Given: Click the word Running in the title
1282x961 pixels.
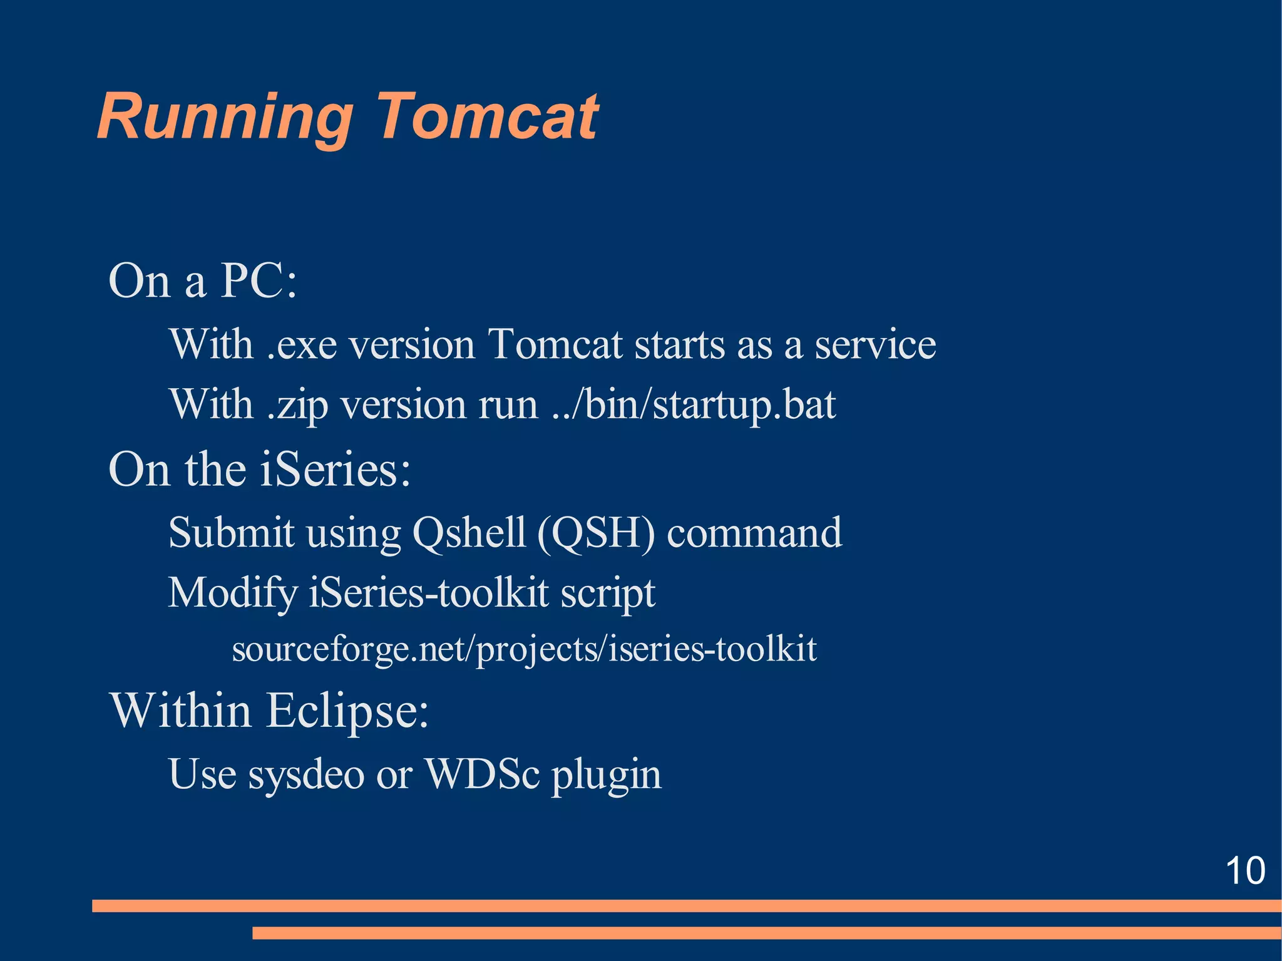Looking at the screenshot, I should click(225, 117).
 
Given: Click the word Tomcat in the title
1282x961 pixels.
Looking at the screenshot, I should click(487, 117).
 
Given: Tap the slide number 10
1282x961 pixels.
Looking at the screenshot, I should click(1245, 870).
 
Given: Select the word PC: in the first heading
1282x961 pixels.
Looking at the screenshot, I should click(259, 281).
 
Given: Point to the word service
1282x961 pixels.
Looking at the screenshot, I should click(874, 345).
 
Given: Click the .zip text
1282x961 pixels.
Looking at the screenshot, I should click(297, 405).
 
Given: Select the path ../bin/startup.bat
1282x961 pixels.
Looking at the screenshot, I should click(694, 405).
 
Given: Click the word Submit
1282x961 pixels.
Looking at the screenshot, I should click(231, 533).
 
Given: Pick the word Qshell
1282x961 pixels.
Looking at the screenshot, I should click(469, 533).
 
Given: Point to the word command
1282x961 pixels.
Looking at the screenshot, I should click(754, 533).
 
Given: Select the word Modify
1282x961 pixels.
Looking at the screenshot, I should click(233, 594).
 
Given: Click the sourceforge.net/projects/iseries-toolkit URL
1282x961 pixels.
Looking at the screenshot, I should click(524, 649).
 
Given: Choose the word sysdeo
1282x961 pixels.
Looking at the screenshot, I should click(306, 774).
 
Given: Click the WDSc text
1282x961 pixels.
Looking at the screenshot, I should click(481, 774).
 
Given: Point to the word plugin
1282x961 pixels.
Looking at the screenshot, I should click(606, 776).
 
